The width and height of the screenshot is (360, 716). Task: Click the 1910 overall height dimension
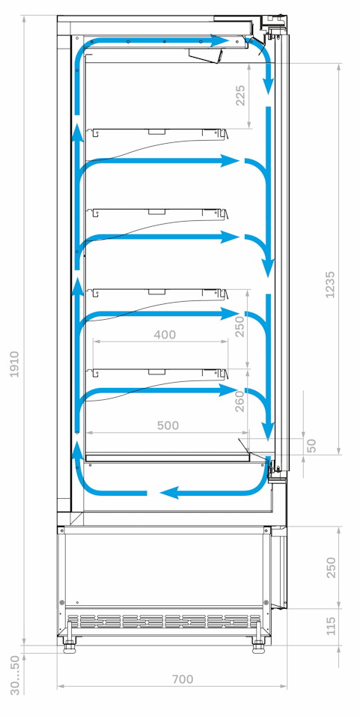coord(15,364)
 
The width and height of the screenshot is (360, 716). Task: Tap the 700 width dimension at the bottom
coord(183,679)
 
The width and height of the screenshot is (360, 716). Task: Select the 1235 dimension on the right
coord(330,285)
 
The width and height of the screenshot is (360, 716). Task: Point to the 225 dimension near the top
coord(240,95)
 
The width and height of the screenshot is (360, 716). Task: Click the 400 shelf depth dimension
coord(165,335)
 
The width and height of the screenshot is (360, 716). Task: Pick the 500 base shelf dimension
coord(168,425)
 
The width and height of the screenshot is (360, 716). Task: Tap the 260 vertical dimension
coord(240,401)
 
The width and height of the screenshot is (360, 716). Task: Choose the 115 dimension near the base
coord(331,625)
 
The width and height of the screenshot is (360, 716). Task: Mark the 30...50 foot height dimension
coord(15,675)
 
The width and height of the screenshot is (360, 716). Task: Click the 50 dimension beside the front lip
coord(311,446)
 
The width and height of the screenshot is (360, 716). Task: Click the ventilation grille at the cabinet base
coord(164,621)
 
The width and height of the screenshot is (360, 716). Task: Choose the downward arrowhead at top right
coord(269,87)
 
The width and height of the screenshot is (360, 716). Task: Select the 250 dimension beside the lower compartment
coord(331,567)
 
